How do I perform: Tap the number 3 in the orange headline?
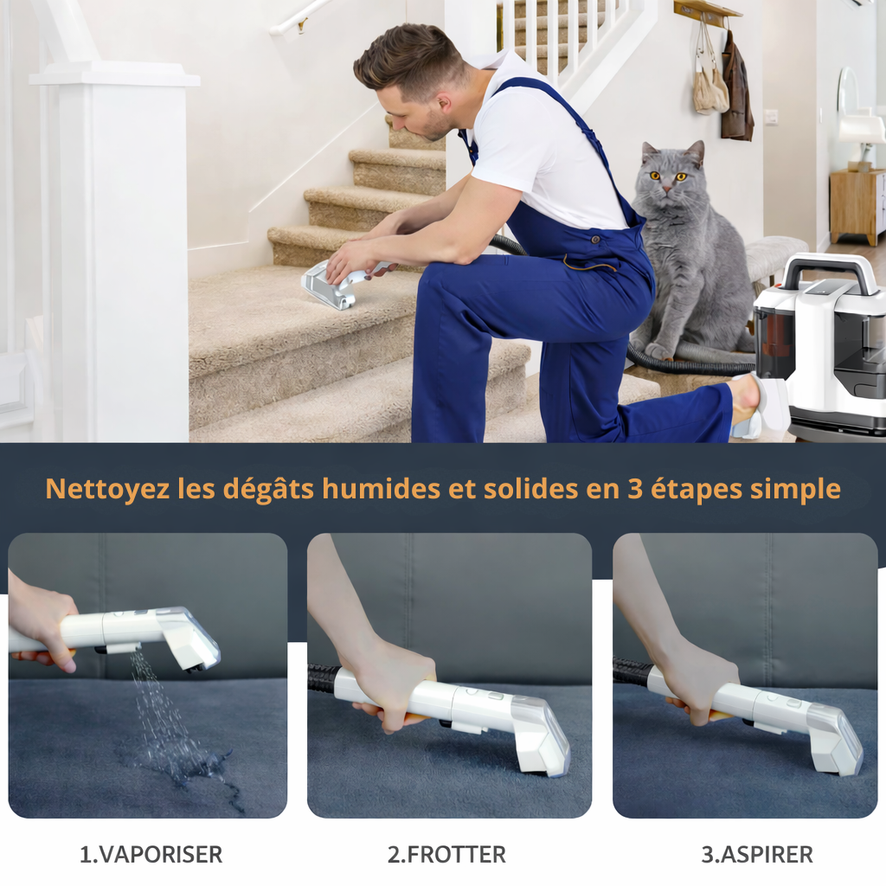point(636,489)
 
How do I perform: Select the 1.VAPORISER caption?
point(151,855)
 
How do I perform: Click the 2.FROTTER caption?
point(446,855)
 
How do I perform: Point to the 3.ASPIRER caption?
point(757,855)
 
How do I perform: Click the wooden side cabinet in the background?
point(857,206)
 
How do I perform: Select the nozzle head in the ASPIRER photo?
point(835,740)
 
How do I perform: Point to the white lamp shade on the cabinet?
point(861,130)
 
